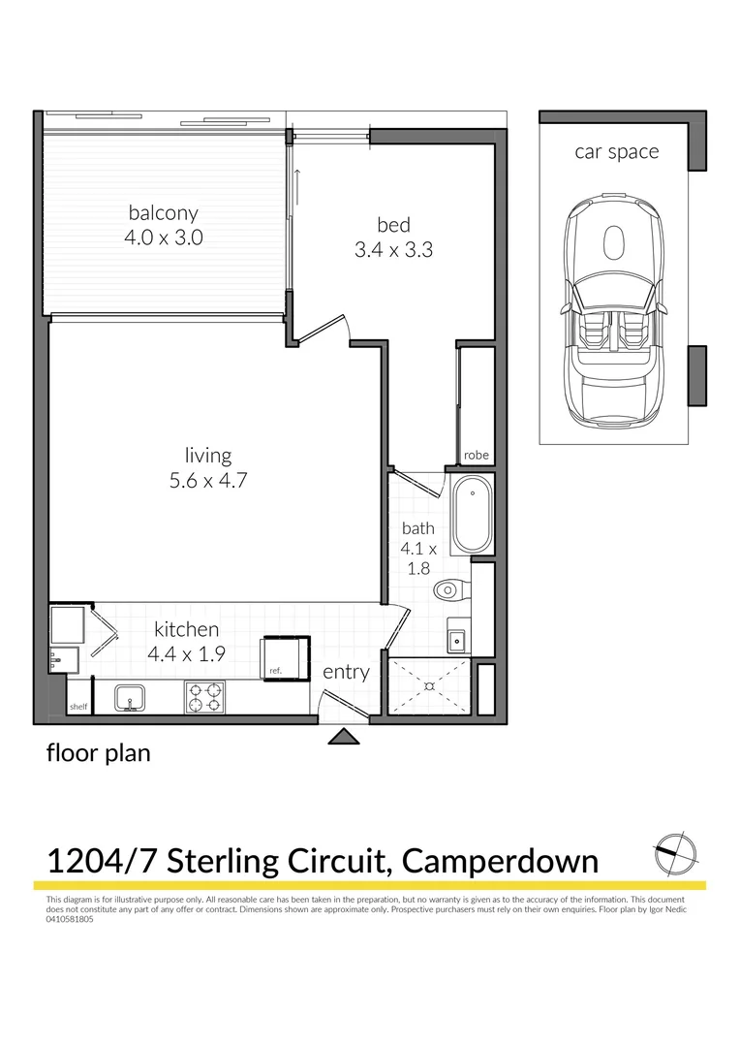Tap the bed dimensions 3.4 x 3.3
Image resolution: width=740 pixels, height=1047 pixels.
click(x=393, y=249)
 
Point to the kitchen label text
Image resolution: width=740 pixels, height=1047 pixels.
click(x=185, y=629)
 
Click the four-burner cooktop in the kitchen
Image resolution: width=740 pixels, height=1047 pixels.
click(x=206, y=695)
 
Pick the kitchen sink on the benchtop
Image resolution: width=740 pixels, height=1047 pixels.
click(x=129, y=696)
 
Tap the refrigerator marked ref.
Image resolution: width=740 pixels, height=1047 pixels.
click(x=286, y=657)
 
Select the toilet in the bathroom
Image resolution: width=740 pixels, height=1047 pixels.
click(x=451, y=589)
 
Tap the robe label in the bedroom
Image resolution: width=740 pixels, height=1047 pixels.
click(x=476, y=455)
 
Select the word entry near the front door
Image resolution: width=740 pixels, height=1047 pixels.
click(x=346, y=672)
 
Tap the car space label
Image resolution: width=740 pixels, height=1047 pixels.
click(x=616, y=152)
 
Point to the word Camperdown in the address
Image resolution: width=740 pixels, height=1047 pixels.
click(x=500, y=860)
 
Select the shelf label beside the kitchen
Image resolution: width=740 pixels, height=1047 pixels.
click(x=78, y=707)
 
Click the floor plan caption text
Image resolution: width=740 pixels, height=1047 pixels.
click(x=99, y=753)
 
